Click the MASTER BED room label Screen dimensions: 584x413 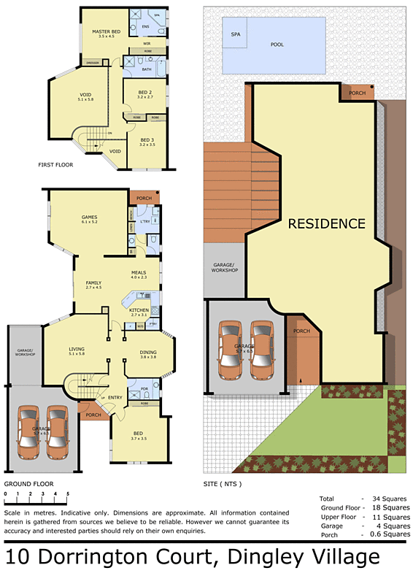pos(106,32)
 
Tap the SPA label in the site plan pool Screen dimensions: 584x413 pos(236,34)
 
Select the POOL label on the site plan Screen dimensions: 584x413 pos(277,45)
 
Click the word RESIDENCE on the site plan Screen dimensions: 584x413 pos(326,223)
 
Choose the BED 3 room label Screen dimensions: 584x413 pos(147,139)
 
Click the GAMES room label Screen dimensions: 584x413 pos(90,217)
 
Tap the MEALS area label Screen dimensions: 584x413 pos(139,273)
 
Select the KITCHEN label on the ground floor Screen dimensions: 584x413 pos(139,310)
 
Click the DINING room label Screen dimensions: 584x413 pos(148,353)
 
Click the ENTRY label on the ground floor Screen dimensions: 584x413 pos(115,397)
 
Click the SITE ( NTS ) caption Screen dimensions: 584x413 pos(222,484)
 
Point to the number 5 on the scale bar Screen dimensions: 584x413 pos(67,494)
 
